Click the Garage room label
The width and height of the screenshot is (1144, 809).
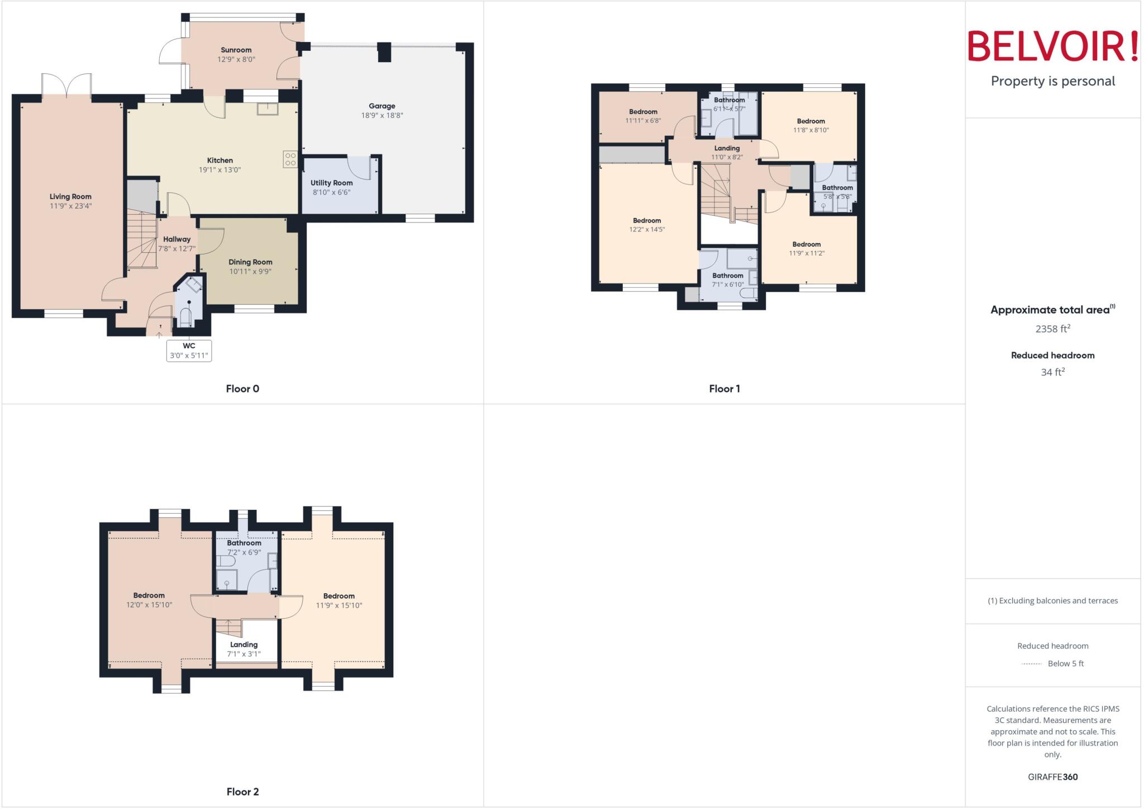click(x=382, y=106)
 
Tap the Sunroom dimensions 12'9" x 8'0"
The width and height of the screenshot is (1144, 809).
click(x=236, y=59)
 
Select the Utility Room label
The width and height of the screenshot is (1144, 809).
click(x=331, y=183)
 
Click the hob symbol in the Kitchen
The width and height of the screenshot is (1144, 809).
click(x=290, y=159)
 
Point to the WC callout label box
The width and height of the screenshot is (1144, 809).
click(x=189, y=351)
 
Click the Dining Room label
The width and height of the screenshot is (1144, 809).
click(x=250, y=262)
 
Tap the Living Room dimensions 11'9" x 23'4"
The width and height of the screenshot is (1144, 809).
click(x=70, y=206)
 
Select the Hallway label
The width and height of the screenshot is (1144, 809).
click(x=177, y=239)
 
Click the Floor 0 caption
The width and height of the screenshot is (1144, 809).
click(x=242, y=389)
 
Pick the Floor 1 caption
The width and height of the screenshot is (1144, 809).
click(x=724, y=389)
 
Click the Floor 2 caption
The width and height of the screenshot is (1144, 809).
click(x=242, y=792)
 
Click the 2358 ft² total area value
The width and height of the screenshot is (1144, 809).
click(x=1052, y=329)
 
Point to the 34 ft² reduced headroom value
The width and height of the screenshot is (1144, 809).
click(x=1052, y=372)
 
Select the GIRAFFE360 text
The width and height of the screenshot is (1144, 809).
click(x=1052, y=777)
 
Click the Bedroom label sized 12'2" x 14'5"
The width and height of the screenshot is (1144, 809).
click(x=647, y=220)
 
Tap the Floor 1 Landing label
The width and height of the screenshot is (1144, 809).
click(x=727, y=148)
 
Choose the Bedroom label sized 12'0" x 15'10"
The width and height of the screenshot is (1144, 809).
click(x=149, y=595)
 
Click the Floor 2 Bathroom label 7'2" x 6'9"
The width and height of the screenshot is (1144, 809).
click(x=244, y=543)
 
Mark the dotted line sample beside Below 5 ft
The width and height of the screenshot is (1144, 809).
click(x=1031, y=664)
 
